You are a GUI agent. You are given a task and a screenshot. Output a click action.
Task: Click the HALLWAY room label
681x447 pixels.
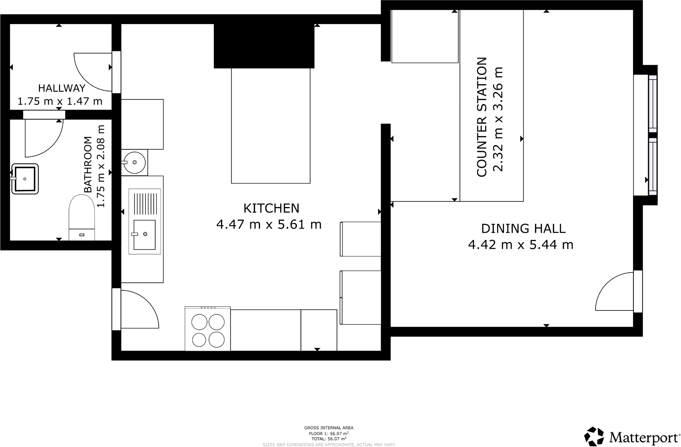click(x=62, y=88)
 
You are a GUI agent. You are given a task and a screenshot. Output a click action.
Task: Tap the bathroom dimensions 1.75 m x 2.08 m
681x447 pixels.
click(x=101, y=166)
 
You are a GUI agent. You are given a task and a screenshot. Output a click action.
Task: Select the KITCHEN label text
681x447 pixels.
click(x=271, y=208)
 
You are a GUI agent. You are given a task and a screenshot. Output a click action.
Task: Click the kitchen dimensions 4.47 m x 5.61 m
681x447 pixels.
click(x=269, y=225)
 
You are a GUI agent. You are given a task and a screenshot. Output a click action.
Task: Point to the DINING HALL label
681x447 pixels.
click(x=523, y=228)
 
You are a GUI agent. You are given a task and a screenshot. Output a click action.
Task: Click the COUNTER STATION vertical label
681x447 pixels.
click(x=481, y=117)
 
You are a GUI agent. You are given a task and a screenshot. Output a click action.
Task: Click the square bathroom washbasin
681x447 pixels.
click(x=25, y=179)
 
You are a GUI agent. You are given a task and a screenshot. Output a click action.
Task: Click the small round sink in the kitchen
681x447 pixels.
click(x=134, y=162)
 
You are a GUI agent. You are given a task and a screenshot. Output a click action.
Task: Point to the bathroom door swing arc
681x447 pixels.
click(x=43, y=139)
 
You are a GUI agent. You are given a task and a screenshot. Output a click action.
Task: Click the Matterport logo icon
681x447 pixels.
click(x=594, y=436)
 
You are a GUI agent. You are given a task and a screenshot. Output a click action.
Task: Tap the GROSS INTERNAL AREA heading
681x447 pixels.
click(x=328, y=428)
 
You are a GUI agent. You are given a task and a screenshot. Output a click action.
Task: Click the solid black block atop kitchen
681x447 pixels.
click(x=264, y=46)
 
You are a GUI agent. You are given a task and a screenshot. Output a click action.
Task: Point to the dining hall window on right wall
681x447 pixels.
click(x=653, y=135)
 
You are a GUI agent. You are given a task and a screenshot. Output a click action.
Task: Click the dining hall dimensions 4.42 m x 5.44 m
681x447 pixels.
click(x=520, y=245)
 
